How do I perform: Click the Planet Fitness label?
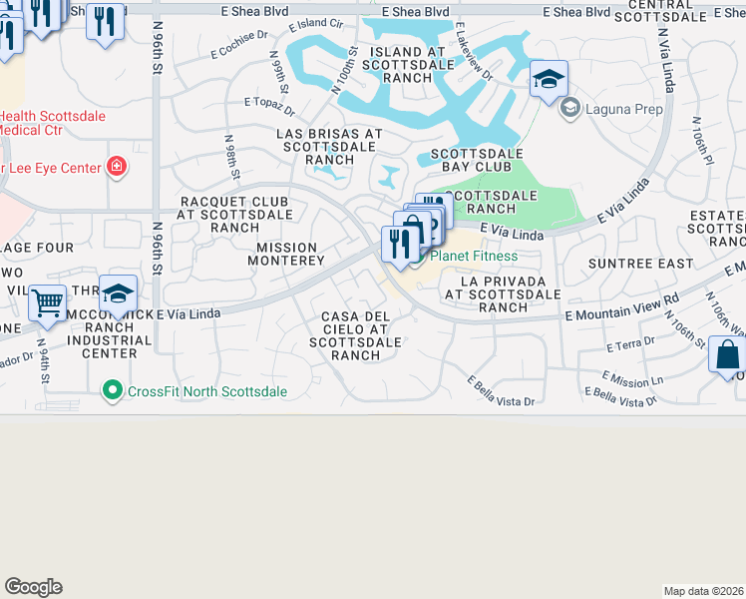(474, 257)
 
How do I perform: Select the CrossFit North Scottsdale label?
(207, 391)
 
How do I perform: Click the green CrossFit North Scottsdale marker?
(114, 391)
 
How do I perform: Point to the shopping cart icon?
(47, 303)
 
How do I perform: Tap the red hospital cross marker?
(118, 167)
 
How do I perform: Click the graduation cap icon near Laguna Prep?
(549, 79)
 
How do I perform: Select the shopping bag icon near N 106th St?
(727, 354)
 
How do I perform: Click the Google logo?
(33, 587)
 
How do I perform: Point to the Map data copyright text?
(703, 590)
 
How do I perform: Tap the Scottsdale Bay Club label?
(477, 161)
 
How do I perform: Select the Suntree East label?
(640, 264)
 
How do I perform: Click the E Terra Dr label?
(629, 344)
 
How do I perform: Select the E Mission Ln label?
(632, 378)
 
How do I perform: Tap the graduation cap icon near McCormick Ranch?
(118, 293)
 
